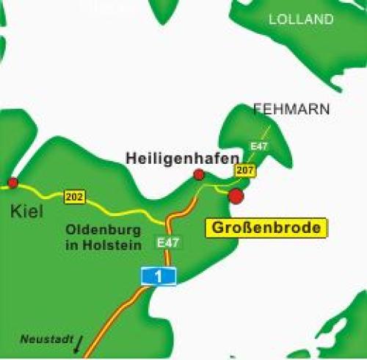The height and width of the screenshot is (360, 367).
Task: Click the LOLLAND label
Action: coord(301,20)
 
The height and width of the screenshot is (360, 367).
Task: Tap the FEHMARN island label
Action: coord(291,109)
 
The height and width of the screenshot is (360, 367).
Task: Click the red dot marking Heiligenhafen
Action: coord(198,174)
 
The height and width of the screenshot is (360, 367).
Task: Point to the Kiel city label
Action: coord(27,212)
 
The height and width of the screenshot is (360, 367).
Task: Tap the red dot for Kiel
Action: coord(12,182)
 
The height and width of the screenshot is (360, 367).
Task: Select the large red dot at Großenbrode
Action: coord(236,196)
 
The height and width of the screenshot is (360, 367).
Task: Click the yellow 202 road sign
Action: coord(75,197)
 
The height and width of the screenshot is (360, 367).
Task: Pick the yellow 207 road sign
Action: coord(245,170)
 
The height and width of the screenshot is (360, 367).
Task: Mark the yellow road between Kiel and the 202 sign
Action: coord(40,190)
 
